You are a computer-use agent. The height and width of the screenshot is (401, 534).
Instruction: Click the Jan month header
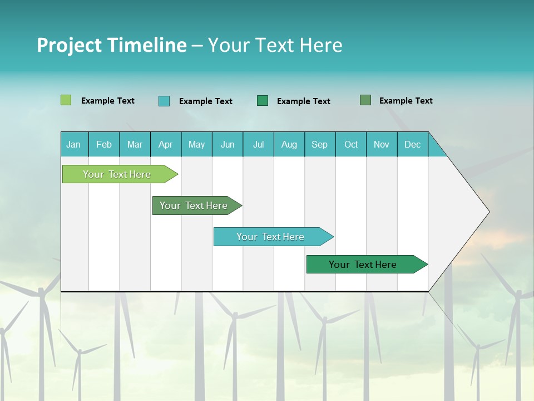[73, 144]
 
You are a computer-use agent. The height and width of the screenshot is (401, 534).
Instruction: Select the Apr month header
[165, 144]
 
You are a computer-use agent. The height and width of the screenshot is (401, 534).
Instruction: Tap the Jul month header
[258, 144]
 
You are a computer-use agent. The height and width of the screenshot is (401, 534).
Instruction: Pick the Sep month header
[319, 144]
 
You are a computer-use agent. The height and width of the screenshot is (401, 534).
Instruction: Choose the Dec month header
[412, 144]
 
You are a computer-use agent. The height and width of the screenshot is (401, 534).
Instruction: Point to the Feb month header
[104, 144]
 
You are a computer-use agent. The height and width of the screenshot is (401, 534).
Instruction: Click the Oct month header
[351, 144]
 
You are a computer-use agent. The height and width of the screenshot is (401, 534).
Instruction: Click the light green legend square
[66, 100]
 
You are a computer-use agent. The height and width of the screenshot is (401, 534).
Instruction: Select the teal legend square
[164, 101]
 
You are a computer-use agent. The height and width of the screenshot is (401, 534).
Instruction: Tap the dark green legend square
[263, 100]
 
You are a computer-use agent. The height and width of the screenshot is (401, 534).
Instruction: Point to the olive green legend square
[365, 100]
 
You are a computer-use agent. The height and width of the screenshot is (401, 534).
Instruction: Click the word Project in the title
[69, 45]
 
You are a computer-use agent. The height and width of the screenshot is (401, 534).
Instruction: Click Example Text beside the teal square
[205, 101]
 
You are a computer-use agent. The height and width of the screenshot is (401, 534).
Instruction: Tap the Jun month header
[228, 144]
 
